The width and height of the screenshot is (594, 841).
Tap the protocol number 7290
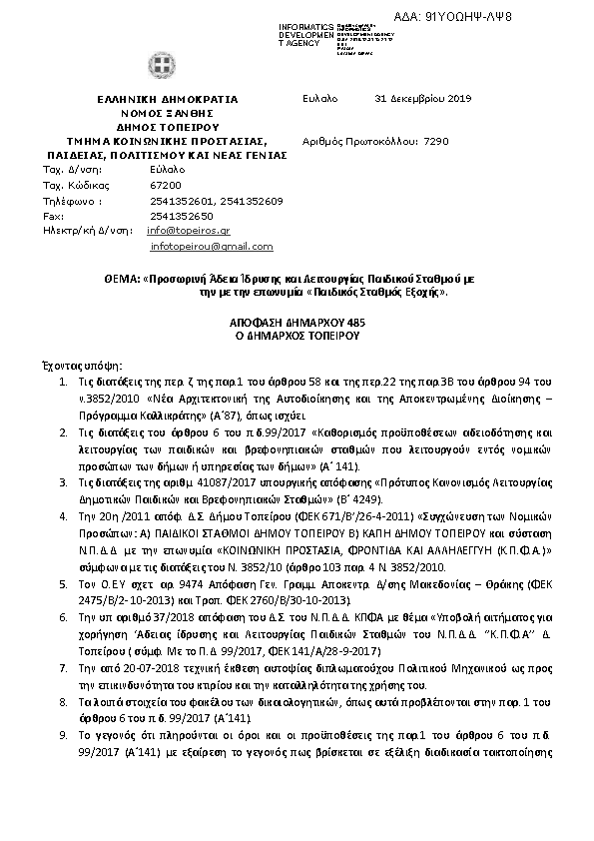click(x=437, y=142)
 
